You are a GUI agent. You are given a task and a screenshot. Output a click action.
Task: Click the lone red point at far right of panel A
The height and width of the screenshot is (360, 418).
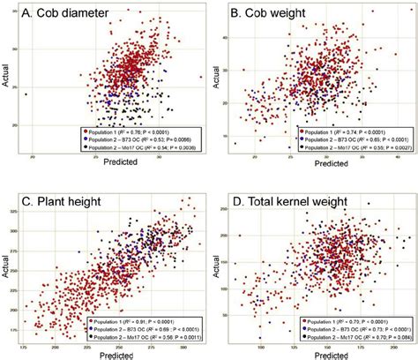point(201,78)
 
